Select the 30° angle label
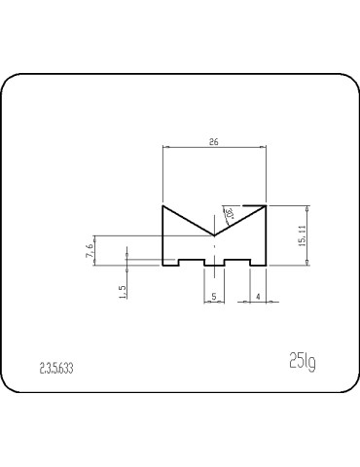[x=230, y=212]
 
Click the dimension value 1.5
[x=122, y=292]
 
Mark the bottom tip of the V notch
[x=214, y=235]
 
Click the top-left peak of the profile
[x=162, y=206]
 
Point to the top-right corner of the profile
[x=266, y=206]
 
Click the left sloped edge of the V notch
[x=188, y=221]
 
